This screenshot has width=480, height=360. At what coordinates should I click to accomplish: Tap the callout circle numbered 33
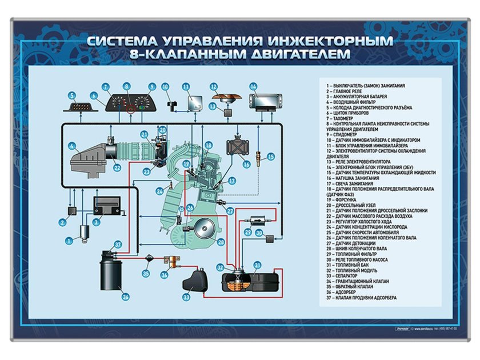click(186, 297)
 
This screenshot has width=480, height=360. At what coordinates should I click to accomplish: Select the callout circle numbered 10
click(165, 87)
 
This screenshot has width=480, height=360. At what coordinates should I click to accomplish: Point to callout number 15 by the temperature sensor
click(271, 156)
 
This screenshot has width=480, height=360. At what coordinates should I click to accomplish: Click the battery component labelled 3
click(106, 206)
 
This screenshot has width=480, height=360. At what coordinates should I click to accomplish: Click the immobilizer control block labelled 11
click(194, 103)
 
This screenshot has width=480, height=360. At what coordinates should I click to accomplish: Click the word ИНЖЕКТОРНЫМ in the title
click(330, 41)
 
